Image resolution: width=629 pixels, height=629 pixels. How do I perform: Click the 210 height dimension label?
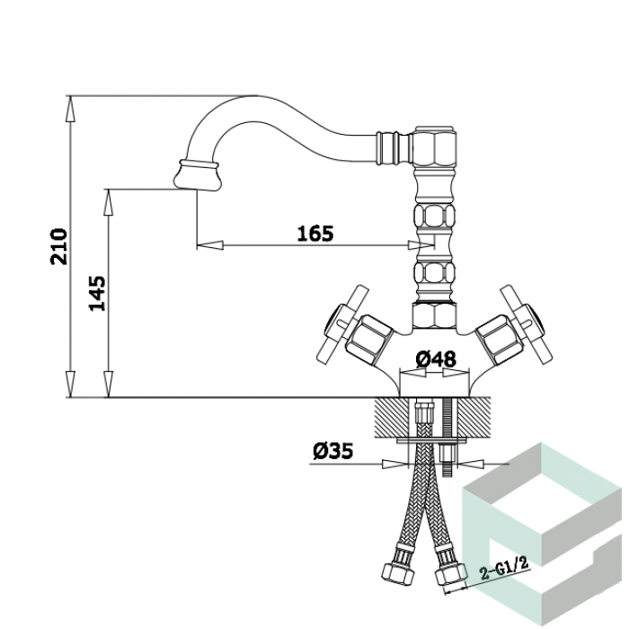pyautogui.click(x=58, y=246)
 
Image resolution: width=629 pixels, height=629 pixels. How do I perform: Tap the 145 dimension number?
pyautogui.click(x=97, y=293)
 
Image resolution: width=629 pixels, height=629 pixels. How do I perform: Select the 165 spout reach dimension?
pyautogui.click(x=315, y=234)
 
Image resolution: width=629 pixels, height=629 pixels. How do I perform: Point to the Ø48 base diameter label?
pyautogui.click(x=436, y=359)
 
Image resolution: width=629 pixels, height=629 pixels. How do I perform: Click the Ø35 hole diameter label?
pyautogui.click(x=333, y=451)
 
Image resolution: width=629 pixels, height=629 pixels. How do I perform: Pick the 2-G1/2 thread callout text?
pyautogui.click(x=505, y=568)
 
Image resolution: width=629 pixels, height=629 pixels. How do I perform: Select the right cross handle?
pyautogui.click(x=526, y=324)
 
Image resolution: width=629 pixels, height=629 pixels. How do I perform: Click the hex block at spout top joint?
pyautogui.click(x=435, y=146)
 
